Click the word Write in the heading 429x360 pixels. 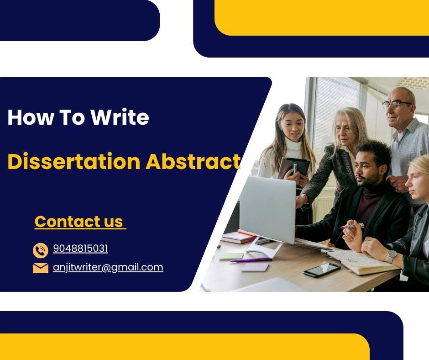[120, 117]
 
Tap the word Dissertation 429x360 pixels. [74, 161]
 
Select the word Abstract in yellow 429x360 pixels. [193, 161]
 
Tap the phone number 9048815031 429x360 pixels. [80, 249]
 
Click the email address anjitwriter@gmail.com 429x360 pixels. [108, 267]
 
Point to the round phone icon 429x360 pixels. [41, 250]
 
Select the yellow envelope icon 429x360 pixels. [41, 268]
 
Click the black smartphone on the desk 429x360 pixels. [322, 270]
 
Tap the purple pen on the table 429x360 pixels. [251, 260]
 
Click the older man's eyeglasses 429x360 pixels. [397, 104]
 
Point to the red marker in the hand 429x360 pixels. [353, 226]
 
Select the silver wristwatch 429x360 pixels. [392, 256]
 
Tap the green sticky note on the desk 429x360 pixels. [231, 256]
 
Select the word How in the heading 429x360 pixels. [31, 117]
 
